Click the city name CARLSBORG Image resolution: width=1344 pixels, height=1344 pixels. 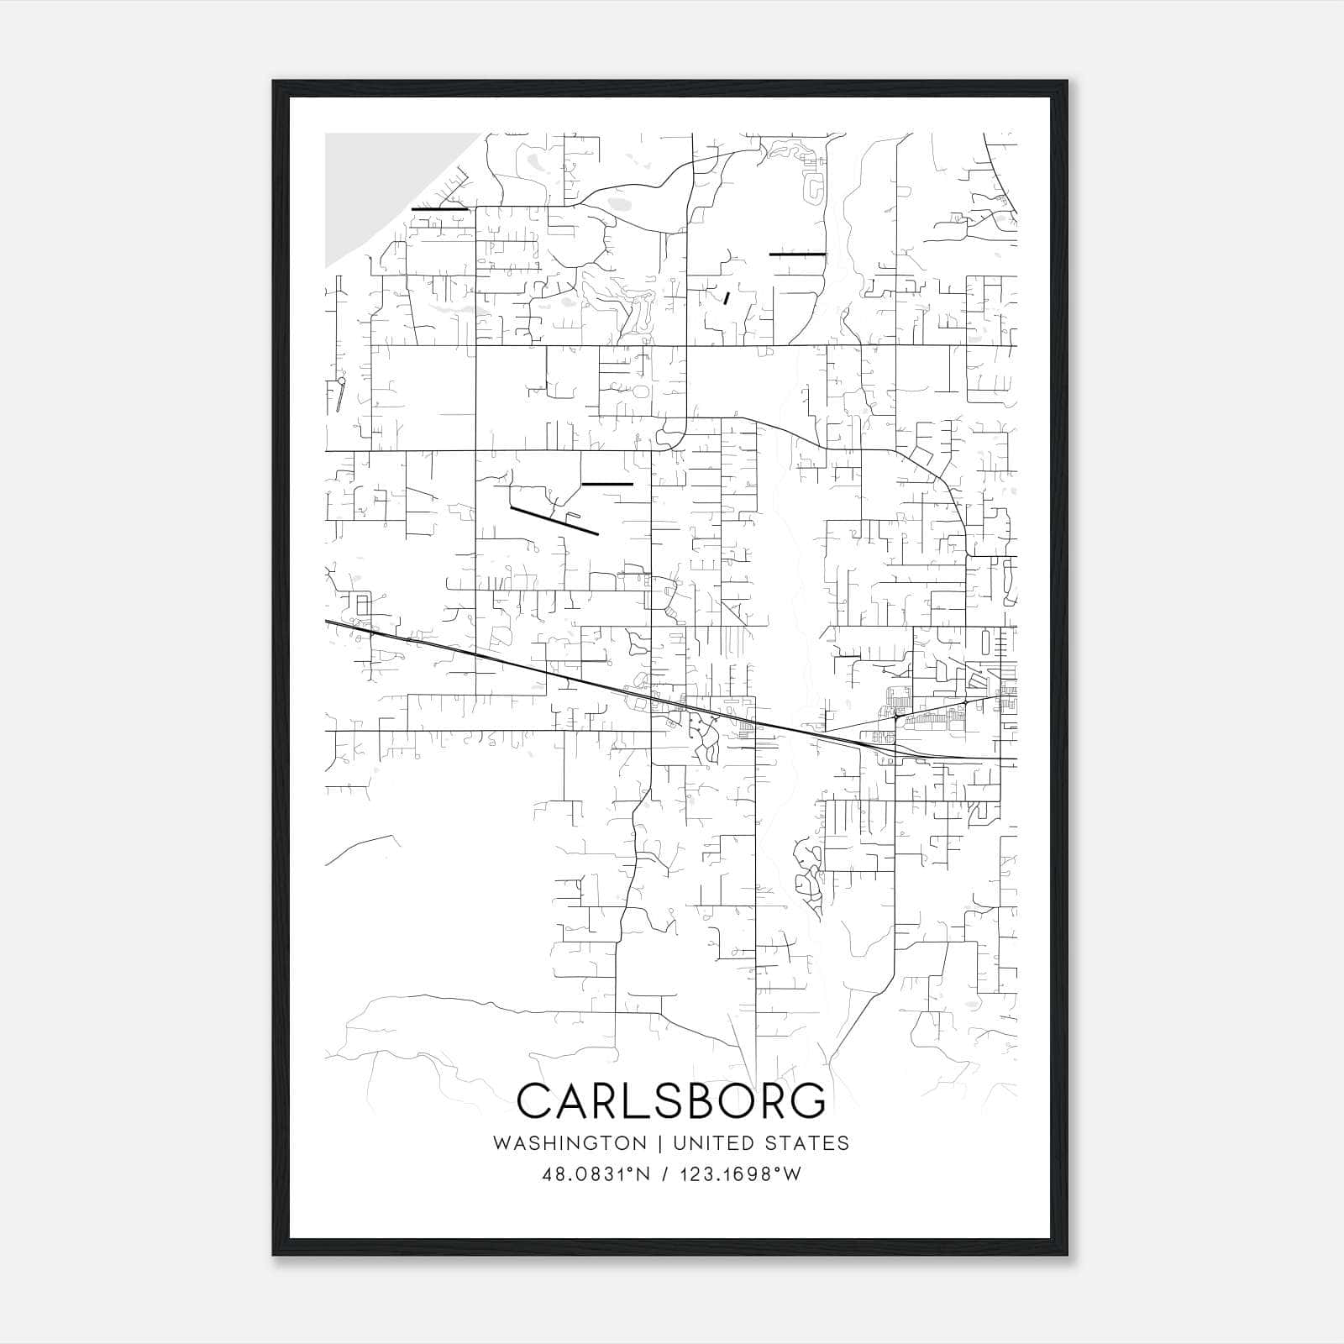pos(671,1100)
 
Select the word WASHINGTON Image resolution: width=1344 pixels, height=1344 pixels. pos(570,1143)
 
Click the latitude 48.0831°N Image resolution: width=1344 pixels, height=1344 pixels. pos(596,1174)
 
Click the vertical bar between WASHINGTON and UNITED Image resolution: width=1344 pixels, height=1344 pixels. pos(660,1143)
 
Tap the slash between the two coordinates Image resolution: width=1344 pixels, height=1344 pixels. pos(665,1174)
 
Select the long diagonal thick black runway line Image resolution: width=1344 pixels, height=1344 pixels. pos(554,521)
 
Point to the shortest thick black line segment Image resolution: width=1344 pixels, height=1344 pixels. pos(726,297)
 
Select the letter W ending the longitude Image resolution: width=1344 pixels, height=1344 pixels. pos(792,1174)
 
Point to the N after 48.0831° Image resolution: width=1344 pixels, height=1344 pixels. pos(643,1174)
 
